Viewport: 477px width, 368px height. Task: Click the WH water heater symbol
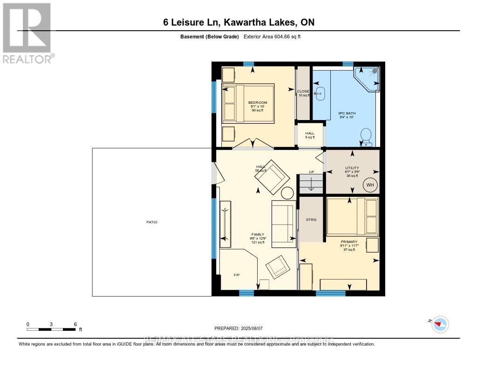click(370, 185)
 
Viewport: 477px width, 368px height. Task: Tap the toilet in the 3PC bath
click(366, 137)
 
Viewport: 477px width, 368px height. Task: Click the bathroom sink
click(320, 93)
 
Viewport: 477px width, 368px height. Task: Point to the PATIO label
click(152, 222)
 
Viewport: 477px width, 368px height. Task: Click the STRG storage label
click(311, 220)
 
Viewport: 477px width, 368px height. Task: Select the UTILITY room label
click(352, 168)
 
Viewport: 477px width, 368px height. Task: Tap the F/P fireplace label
click(236, 275)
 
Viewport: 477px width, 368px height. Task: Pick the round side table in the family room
click(287, 193)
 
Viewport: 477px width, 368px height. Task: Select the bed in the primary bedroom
click(353, 215)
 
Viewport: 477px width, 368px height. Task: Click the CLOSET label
click(304, 91)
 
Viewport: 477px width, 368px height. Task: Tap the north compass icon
click(440, 324)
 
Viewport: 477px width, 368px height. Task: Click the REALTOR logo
click(27, 33)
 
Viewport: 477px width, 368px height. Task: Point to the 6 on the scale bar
click(75, 324)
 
